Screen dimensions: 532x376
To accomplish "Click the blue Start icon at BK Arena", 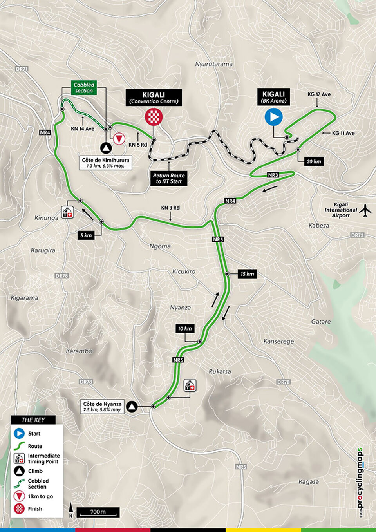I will pyautogui.click(x=273, y=117).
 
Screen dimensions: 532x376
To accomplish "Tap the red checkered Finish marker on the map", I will pyautogui.click(x=154, y=117).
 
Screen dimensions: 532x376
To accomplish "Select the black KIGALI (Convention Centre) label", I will pyautogui.click(x=154, y=98).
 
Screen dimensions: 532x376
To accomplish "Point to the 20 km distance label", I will pyautogui.click(x=314, y=161).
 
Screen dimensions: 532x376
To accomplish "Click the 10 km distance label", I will pyautogui.click(x=185, y=328).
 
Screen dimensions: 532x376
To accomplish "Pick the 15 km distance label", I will pyautogui.click(x=247, y=274).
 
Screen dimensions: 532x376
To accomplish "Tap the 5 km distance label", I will pyautogui.click(x=86, y=235).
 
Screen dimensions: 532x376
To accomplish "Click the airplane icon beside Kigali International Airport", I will pyautogui.click(x=365, y=210).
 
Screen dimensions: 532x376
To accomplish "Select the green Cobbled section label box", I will pyautogui.click(x=84, y=88).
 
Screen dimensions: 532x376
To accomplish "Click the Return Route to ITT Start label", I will pyautogui.click(x=169, y=179).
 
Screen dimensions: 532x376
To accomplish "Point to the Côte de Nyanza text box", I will pyautogui.click(x=102, y=407).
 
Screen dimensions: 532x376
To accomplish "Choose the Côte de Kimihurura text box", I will pyautogui.click(x=105, y=163).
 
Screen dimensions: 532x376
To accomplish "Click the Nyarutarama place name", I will pyautogui.click(x=213, y=64).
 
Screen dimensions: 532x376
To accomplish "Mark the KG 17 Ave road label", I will pyautogui.click(x=319, y=94).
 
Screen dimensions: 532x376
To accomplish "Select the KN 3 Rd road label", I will pyautogui.click(x=170, y=208).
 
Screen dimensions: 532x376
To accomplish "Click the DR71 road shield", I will pyautogui.click(x=22, y=69).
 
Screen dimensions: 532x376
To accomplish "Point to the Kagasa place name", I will pyautogui.click(x=308, y=482).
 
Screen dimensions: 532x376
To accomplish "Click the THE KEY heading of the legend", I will pyautogui.click(x=33, y=420).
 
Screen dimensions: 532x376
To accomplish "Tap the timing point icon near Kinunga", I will pyautogui.click(x=67, y=213).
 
